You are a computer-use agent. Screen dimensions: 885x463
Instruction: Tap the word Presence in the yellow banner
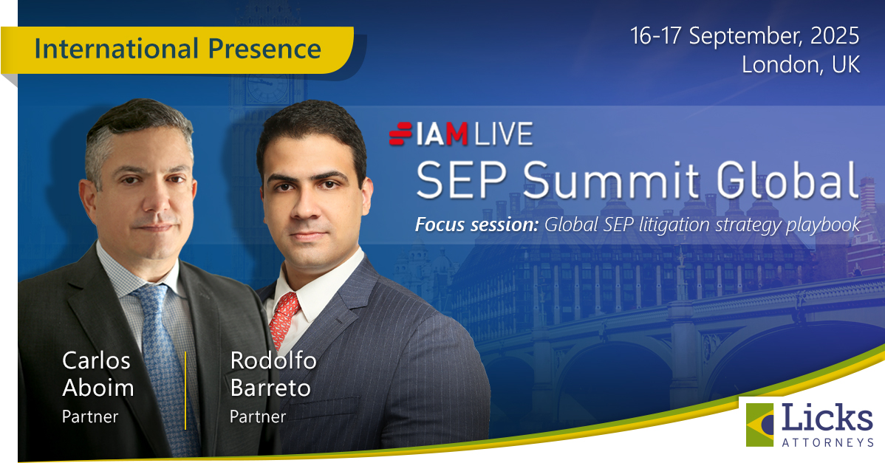point(264,49)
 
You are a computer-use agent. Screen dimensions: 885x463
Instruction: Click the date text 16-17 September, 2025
point(745,36)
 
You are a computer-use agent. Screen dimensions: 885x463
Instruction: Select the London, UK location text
point(801,64)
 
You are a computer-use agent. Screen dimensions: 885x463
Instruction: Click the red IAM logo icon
point(400,134)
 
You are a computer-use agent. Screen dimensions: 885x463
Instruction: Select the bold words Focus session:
point(477,224)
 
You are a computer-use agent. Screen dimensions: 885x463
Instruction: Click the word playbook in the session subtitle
point(823,225)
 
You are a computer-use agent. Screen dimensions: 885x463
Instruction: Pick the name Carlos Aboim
point(98,374)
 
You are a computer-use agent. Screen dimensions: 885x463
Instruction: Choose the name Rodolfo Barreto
point(273,374)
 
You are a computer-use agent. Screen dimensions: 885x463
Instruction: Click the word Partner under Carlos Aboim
point(89,416)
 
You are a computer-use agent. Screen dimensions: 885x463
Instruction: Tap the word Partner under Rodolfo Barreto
point(257,416)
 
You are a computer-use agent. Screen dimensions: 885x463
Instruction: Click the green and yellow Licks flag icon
point(759,425)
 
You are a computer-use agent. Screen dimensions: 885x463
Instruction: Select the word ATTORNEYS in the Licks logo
point(827,443)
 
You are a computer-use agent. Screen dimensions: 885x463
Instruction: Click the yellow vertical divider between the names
point(185,390)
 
